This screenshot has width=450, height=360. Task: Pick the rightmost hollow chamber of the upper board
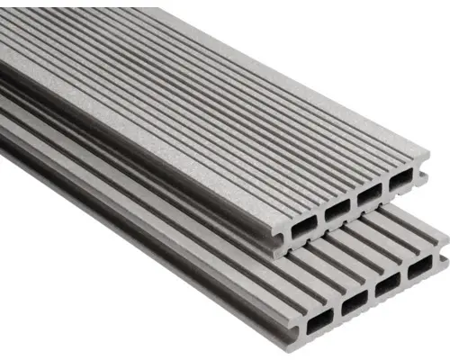398,182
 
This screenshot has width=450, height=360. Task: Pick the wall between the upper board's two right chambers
383,188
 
